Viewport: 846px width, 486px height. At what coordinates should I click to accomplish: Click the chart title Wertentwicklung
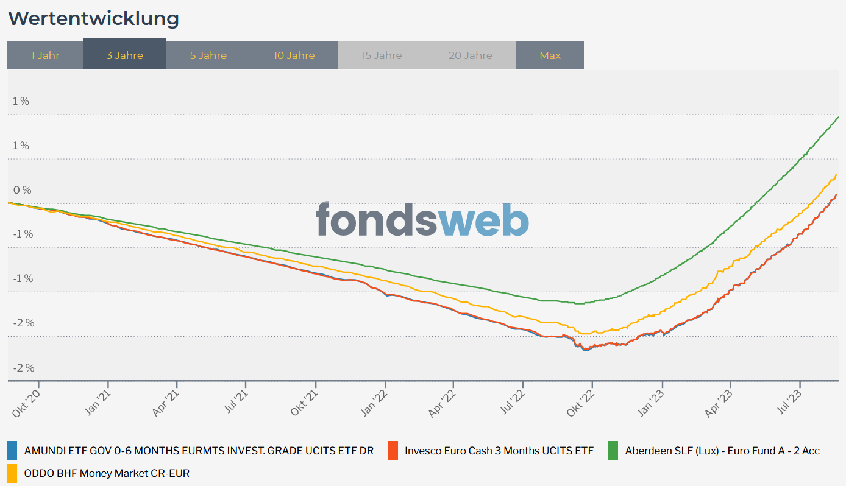93,18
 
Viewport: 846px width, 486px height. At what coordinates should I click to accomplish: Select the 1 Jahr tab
45,55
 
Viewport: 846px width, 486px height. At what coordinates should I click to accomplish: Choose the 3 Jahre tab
124,55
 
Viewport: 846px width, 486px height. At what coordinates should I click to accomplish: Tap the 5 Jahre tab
208,55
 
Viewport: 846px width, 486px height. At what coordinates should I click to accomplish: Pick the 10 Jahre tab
294,55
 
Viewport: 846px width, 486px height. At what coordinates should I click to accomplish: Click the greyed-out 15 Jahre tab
382,55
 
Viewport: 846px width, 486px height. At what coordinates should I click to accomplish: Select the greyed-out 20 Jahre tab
471,55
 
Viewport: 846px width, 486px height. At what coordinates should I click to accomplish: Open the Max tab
550,55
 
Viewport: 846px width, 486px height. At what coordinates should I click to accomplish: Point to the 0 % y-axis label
22,190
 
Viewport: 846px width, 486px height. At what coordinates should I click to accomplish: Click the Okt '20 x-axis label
26,403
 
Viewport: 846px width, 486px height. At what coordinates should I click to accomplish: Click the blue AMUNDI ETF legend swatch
12,451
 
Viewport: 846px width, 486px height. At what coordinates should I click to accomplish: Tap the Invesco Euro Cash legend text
499,451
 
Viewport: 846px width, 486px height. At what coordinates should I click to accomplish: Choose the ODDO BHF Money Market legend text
107,473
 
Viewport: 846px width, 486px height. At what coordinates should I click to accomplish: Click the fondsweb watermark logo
422,219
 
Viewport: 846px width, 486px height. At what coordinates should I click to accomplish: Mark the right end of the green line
838,117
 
